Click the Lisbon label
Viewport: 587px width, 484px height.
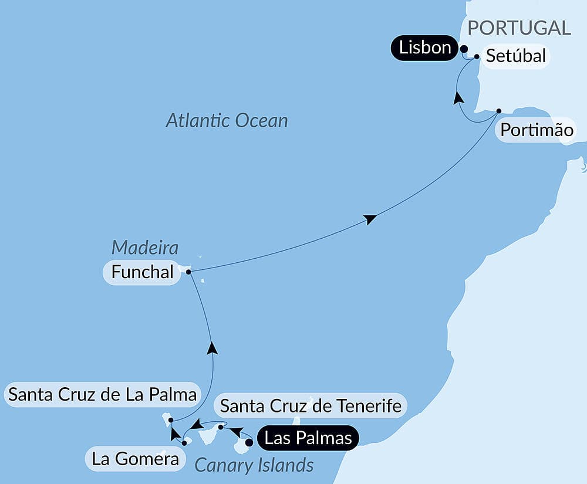coord(425,48)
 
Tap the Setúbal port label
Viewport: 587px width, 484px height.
coord(516,56)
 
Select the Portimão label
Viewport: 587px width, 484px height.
coord(537,130)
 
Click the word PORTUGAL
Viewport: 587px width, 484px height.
coord(519,28)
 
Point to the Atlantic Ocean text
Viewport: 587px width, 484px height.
coord(227,121)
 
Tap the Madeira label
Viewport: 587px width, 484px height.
coord(145,248)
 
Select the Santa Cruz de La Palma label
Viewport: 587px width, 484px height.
coord(102,394)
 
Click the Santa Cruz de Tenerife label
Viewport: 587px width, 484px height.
coord(311,405)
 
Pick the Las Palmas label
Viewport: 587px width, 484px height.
coord(308,438)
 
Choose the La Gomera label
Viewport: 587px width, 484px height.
coord(136,459)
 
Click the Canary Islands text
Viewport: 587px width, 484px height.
coord(254,466)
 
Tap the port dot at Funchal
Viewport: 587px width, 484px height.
coord(188,272)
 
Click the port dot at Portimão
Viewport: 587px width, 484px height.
coord(498,110)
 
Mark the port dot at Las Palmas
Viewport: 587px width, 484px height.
coord(249,443)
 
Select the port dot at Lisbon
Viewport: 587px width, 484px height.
coord(464,49)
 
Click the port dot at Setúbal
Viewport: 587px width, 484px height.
coord(477,57)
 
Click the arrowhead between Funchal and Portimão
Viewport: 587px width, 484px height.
coord(369,219)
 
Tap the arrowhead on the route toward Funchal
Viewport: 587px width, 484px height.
coord(212,348)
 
